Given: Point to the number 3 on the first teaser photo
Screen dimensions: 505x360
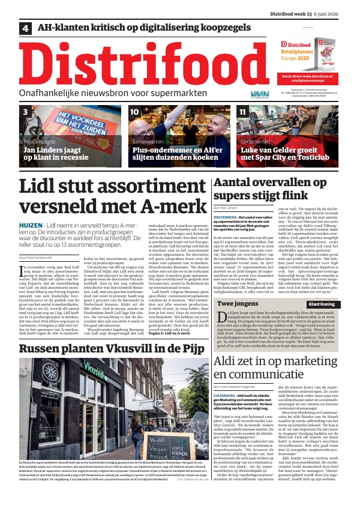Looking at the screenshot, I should tap(26, 112).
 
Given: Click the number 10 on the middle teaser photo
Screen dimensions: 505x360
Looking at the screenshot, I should tap(135, 112).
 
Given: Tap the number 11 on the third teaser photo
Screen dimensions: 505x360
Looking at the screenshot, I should tap(242, 112).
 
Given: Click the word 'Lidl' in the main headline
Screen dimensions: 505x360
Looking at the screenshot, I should tap(36, 186).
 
